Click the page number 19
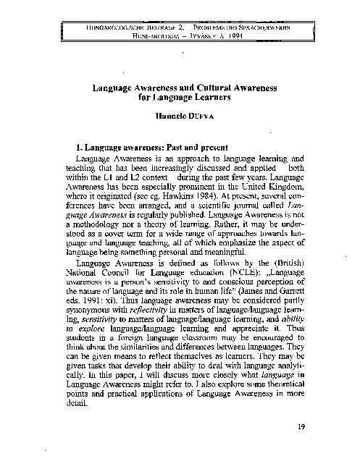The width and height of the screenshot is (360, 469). point(301,427)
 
